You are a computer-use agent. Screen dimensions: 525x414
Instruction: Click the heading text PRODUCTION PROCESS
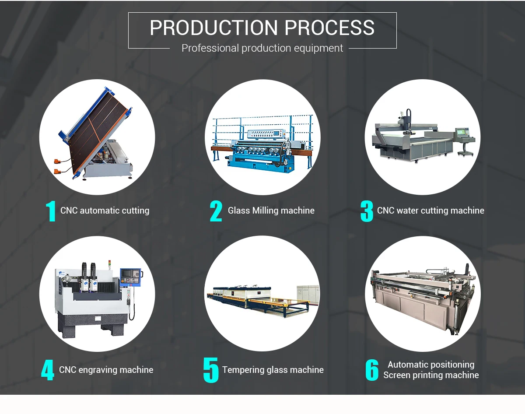point(262,28)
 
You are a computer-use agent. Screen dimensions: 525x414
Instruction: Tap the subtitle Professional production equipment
point(262,48)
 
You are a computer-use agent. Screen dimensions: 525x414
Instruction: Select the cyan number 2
point(216,211)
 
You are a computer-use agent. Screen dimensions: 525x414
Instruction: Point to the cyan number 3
point(367,211)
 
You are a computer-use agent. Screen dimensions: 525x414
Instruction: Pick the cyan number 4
point(47,370)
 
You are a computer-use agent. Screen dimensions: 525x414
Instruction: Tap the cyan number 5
point(211,370)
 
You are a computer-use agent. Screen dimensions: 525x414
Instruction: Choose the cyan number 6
point(372,370)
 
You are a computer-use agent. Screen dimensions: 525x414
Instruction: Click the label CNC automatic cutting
point(105,211)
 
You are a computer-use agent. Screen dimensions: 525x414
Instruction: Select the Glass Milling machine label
point(271,211)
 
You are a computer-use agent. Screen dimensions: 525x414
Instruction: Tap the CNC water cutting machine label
point(430,211)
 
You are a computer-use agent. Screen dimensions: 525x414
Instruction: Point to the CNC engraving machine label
point(106,370)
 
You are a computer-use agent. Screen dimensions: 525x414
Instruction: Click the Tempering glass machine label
point(273,370)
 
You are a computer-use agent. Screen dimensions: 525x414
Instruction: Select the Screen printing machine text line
point(431,375)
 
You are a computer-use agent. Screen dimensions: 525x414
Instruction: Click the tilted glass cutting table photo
point(96,136)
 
